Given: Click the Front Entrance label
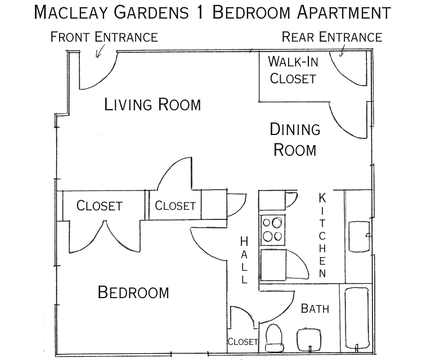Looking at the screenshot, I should [104, 38].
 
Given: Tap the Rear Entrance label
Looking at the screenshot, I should [332, 38].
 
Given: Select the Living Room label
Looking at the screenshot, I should [152, 105].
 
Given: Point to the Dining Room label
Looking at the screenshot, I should [295, 139].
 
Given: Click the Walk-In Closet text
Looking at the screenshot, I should [293, 70].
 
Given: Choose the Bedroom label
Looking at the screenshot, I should [133, 292].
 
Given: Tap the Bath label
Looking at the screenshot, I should [315, 308].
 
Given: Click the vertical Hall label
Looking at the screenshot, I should [244, 260].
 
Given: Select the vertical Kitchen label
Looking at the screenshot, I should [322, 236].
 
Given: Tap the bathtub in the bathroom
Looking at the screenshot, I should [356, 319].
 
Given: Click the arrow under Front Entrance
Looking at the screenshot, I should [101, 52].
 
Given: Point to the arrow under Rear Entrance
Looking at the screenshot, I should [342, 52].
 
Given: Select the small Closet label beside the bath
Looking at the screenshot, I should [243, 341].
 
